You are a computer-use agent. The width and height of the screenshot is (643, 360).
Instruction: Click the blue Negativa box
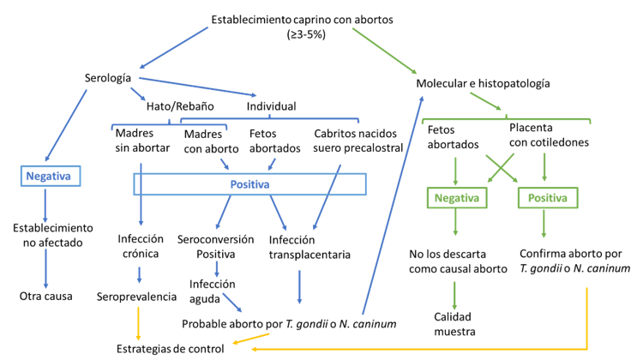click(x=47, y=177)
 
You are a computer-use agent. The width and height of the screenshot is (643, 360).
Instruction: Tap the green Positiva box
click(x=544, y=197)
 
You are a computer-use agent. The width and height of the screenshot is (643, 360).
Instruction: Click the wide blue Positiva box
click(x=249, y=184)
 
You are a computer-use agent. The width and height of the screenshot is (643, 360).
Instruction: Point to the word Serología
click(x=107, y=78)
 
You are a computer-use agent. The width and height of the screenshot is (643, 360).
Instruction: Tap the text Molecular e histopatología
click(x=483, y=84)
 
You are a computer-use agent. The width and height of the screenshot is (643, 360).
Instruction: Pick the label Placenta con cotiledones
click(x=542, y=135)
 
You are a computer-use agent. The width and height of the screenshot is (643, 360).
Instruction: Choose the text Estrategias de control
click(x=170, y=348)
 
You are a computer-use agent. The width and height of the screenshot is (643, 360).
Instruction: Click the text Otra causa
click(x=46, y=297)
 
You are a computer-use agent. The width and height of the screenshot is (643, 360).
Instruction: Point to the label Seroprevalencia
click(x=141, y=297)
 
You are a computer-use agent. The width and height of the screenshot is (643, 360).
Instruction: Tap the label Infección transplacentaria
click(x=303, y=246)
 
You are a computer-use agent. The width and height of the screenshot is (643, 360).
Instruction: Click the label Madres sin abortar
click(x=140, y=141)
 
